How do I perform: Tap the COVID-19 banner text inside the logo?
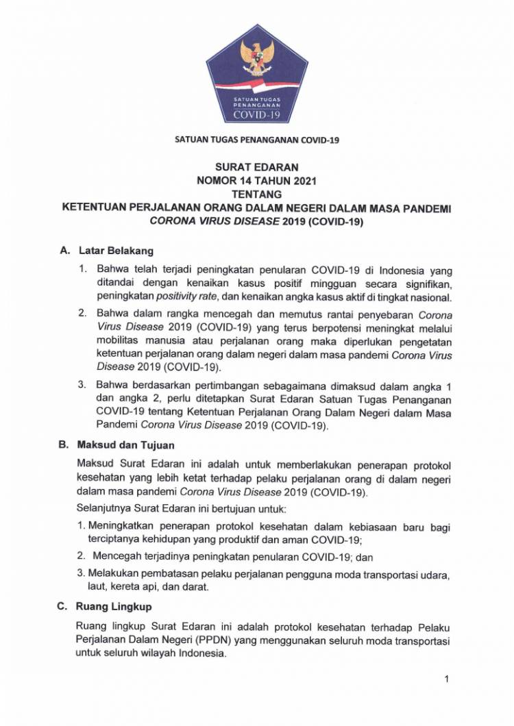tap(257, 114)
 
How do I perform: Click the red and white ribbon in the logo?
tap(257, 84)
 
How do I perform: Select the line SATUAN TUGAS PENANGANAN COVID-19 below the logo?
tap(257, 140)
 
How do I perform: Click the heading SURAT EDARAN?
tap(257, 167)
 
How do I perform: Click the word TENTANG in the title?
tap(257, 194)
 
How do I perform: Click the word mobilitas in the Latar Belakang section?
tap(120, 342)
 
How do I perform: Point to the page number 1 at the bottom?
tap(446, 679)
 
